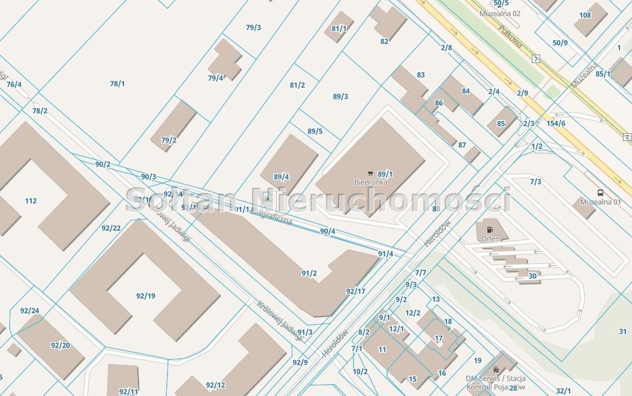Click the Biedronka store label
click(370, 182)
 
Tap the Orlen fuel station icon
click(490, 229)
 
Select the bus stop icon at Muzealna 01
click(600, 193)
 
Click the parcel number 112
click(31, 201)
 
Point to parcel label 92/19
click(145, 296)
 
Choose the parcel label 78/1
click(117, 84)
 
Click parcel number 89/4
click(281, 176)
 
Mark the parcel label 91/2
click(309, 273)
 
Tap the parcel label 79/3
click(253, 28)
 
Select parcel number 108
click(585, 16)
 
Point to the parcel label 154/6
click(556, 123)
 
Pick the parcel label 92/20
click(60, 345)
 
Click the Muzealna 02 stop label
click(500, 13)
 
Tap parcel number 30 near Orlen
click(532, 276)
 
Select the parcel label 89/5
click(315, 131)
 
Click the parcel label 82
click(384, 41)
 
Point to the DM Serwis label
click(496, 379)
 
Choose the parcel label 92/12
click(215, 385)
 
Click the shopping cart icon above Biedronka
click(370, 173)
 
